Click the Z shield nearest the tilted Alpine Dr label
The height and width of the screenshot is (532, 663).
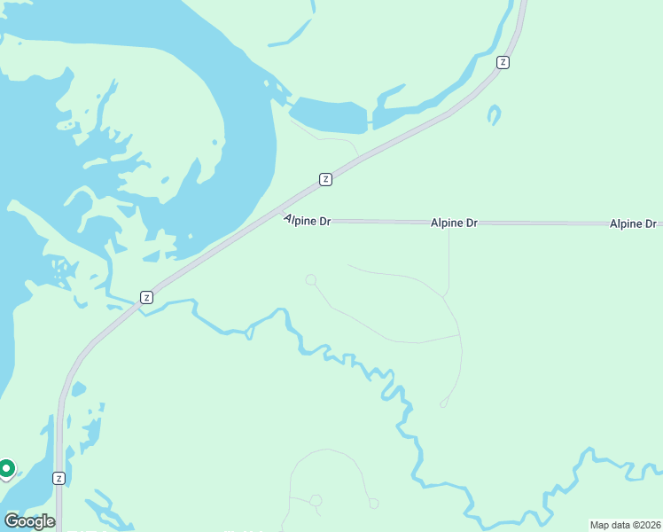(x=325, y=179)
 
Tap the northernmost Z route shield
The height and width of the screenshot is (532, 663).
(x=503, y=62)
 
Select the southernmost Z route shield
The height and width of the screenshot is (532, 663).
(x=58, y=478)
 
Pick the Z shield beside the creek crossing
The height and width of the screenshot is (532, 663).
(x=146, y=297)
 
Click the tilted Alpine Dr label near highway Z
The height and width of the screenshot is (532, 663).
(x=307, y=220)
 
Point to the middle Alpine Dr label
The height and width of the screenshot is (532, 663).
(x=454, y=223)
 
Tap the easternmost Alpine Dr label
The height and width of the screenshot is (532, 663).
(x=632, y=224)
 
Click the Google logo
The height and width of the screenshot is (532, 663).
(x=29, y=521)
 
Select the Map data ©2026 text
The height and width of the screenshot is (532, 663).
(x=625, y=525)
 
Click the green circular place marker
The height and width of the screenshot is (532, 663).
(x=6, y=467)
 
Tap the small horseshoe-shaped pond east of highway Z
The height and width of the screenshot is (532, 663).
(x=494, y=115)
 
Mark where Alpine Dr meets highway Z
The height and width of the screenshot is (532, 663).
(x=285, y=220)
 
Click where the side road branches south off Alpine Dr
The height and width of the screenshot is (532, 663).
(x=448, y=223)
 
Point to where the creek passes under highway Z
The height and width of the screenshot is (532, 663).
(x=138, y=304)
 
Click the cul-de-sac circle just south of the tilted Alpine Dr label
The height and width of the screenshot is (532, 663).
(x=311, y=280)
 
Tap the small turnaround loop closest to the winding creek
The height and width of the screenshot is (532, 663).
(x=444, y=403)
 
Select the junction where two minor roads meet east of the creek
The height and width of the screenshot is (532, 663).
(x=460, y=335)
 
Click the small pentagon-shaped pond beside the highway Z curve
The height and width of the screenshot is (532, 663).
(x=78, y=389)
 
